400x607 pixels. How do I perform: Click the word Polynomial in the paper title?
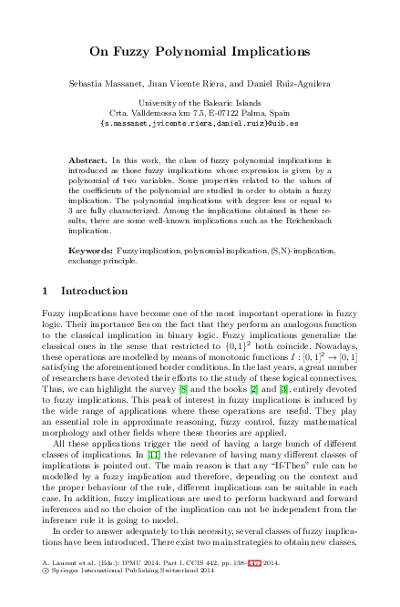tap(197, 51)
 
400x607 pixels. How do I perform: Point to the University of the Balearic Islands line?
tap(200, 103)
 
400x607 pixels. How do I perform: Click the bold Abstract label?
tap(87, 159)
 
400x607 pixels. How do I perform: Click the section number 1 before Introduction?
tap(46, 292)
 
